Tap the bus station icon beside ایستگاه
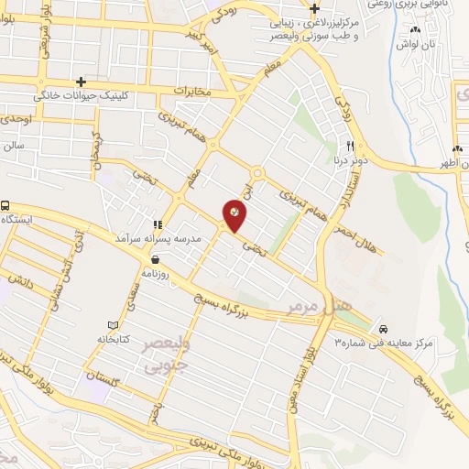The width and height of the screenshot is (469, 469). (x=6, y=207)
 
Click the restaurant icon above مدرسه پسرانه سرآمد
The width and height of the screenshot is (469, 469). (x=158, y=224)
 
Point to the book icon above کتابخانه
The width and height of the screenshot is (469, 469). (x=114, y=326)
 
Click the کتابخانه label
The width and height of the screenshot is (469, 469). (x=114, y=339)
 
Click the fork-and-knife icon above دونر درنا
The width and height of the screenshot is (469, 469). (x=349, y=147)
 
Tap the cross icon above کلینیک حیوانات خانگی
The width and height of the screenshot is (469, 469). (x=82, y=82)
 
